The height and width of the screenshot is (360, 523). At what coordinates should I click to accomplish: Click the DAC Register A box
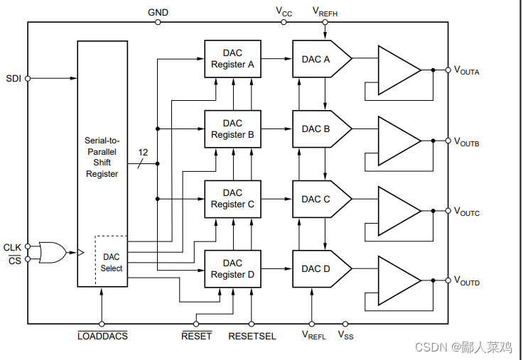click(232, 59)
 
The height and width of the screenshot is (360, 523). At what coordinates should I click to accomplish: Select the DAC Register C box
click(232, 199)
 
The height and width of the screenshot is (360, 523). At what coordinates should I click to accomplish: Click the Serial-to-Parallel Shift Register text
click(102, 157)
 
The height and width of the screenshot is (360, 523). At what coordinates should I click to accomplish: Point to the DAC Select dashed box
click(112, 262)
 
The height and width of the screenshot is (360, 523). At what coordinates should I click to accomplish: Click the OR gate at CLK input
click(52, 252)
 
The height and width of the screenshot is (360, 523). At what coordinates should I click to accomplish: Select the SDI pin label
click(13, 78)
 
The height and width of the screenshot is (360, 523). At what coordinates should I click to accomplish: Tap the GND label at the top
click(158, 12)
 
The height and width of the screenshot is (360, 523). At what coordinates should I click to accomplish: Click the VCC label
click(284, 11)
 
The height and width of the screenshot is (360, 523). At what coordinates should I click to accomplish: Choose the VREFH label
click(325, 11)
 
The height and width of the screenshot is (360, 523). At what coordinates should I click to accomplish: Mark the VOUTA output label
click(467, 71)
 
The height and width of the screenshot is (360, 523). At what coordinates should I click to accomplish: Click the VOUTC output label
click(467, 212)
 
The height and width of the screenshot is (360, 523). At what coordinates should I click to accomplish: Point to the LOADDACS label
click(102, 335)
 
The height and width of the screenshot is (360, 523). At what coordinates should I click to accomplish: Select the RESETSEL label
click(252, 335)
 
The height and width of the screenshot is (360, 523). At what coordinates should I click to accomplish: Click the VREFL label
click(313, 335)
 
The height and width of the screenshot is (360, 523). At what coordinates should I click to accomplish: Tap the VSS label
click(345, 335)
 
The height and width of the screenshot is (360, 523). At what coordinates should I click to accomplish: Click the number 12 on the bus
click(143, 152)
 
